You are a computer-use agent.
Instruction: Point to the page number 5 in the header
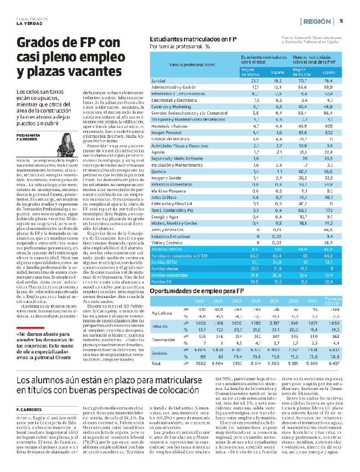(x=341, y=22)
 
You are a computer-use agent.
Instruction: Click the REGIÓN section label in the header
(x=318, y=22)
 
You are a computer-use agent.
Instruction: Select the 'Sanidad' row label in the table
(x=160, y=81)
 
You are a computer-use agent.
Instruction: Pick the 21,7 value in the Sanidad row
(x=255, y=81)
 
